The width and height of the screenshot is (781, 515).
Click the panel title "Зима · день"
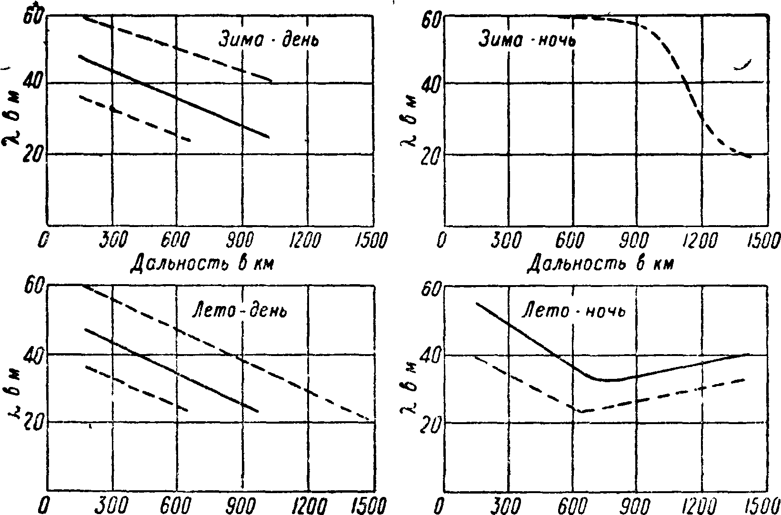[269, 40]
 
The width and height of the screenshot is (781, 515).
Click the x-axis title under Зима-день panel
[202, 262]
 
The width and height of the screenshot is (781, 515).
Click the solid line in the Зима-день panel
[176, 98]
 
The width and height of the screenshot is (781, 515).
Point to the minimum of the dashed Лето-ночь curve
[582, 411]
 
